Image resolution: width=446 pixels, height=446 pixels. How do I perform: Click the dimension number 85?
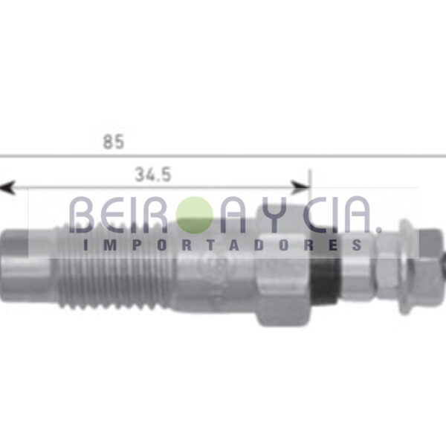coord(114,142)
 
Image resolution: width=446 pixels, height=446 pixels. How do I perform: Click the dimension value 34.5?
coord(153,175)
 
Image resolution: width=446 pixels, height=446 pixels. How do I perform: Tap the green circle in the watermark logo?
coord(195,215)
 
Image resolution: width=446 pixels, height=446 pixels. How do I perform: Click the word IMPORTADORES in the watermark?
coord(223,245)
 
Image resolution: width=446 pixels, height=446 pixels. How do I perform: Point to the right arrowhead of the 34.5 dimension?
coord(300,187)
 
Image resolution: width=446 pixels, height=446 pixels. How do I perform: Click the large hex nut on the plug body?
coord(282,266)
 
